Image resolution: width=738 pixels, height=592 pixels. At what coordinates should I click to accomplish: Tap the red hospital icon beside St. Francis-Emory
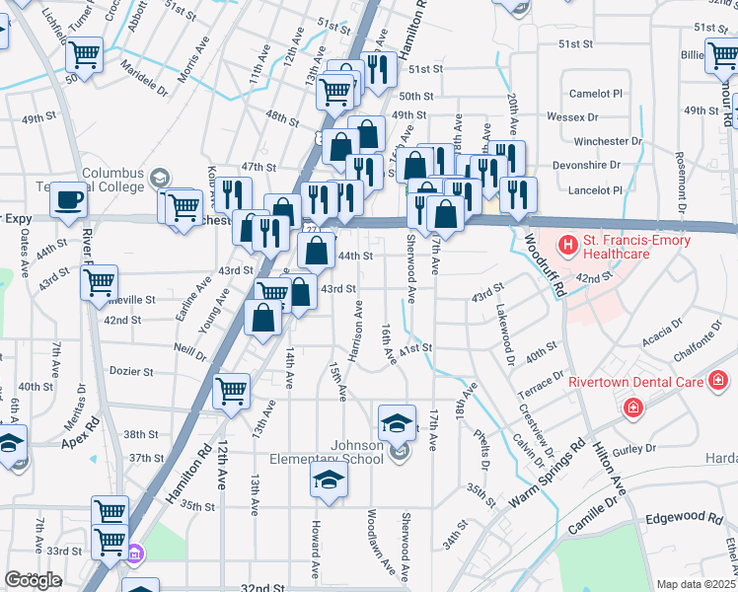tap(568, 243)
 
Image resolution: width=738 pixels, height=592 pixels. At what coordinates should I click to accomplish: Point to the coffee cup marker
tap(69, 200)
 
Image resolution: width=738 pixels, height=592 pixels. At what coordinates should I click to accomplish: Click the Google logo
tap(32, 579)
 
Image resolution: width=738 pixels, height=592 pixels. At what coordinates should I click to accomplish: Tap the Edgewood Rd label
tap(684, 517)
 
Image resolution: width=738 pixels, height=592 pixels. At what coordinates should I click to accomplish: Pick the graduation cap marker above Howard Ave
tap(330, 481)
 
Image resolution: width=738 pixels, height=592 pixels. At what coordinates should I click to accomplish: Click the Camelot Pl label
tap(596, 93)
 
